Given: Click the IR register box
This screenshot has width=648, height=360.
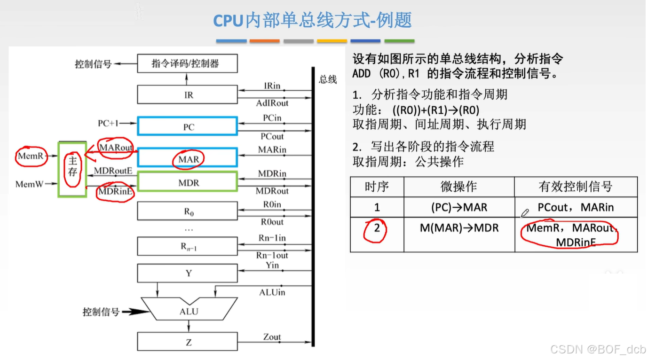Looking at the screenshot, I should pyautogui.click(x=187, y=94).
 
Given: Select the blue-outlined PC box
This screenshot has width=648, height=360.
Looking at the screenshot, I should pyautogui.click(x=187, y=127).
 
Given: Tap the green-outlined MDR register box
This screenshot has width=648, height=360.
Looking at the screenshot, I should pyautogui.click(x=187, y=182).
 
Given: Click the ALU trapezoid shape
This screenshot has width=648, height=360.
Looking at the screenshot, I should pyautogui.click(x=189, y=311).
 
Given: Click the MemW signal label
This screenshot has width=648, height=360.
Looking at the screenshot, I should pyautogui.click(x=29, y=184).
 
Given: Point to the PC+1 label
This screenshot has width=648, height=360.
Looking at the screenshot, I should pyautogui.click(x=108, y=124).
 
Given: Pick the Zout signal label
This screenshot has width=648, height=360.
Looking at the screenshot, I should pyautogui.click(x=272, y=337).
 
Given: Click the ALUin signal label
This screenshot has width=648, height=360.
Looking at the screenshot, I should pyautogui.click(x=272, y=292).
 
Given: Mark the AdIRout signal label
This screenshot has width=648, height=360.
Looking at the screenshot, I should pyautogui.click(x=272, y=103).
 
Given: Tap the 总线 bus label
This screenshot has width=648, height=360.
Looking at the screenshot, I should pyautogui.click(x=328, y=79).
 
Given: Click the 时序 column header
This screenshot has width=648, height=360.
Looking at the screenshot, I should pyautogui.click(x=377, y=187).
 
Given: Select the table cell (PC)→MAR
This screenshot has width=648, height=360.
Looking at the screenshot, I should pyautogui.click(x=459, y=207).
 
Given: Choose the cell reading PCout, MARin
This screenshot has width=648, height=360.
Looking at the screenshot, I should pyautogui.click(x=576, y=207).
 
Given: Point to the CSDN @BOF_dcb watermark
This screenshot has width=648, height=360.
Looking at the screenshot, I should pyautogui.click(x=597, y=349).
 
